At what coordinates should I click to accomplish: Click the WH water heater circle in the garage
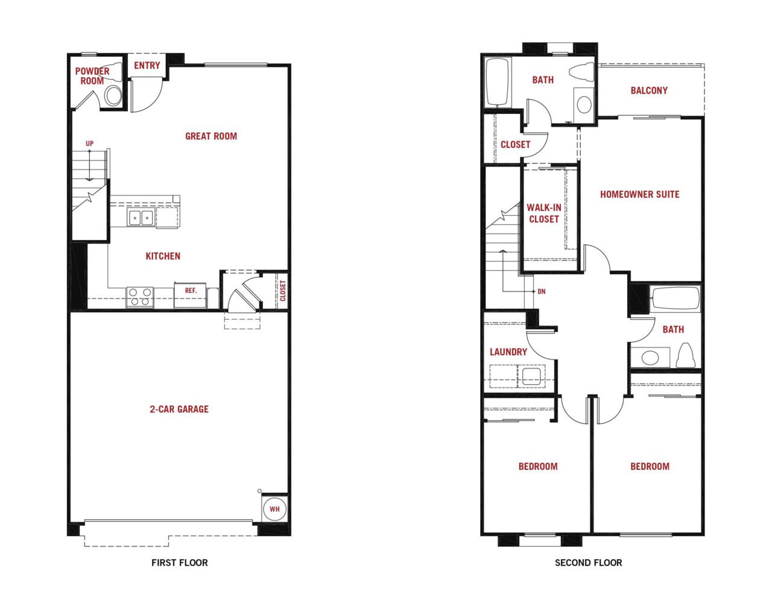pos(274,508)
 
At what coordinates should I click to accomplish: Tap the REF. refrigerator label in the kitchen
pos(191,290)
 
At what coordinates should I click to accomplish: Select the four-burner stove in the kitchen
pos(140,297)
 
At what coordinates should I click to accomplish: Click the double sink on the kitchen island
pos(141,218)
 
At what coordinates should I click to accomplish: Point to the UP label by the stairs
pos(90,144)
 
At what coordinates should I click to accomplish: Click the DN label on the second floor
pos(542,291)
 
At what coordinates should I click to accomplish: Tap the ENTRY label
pos(147,65)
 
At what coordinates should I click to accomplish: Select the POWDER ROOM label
pos(92,76)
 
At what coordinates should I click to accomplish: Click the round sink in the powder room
pos(114,95)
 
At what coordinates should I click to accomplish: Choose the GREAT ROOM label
pos(211,136)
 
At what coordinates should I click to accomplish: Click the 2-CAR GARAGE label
pos(179,409)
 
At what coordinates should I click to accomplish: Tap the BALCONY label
pos(649,90)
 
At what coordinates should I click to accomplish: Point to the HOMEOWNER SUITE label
pos(640,194)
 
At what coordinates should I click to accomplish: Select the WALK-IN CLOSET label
pos(544,213)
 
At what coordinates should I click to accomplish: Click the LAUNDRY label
pos(508,352)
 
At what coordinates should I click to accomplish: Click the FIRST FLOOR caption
pos(179,563)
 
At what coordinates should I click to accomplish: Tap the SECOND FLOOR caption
pos(588,563)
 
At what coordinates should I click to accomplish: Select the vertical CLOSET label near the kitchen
pos(283,291)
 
